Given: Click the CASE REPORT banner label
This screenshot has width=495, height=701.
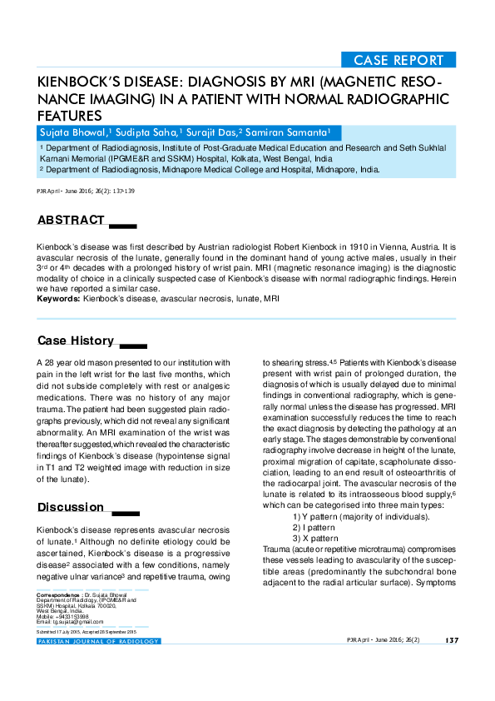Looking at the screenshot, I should pyautogui.click(x=398, y=60).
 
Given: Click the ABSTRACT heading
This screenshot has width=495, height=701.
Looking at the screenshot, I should pyautogui.click(x=71, y=221).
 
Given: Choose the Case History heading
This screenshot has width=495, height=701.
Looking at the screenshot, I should pyautogui.click(x=75, y=341).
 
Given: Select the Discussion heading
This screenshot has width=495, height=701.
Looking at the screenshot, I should pyautogui.click(x=71, y=507).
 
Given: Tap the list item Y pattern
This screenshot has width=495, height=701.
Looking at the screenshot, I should pyautogui.click(x=320, y=518).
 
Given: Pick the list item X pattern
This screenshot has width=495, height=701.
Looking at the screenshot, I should pyautogui.click(x=318, y=538).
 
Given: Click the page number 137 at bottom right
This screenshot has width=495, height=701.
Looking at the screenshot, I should pyautogui.click(x=452, y=640).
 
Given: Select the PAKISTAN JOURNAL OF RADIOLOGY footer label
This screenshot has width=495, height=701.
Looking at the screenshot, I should pyautogui.click(x=98, y=641).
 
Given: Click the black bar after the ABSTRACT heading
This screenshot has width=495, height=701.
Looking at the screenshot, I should pyautogui.click(x=122, y=225).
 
